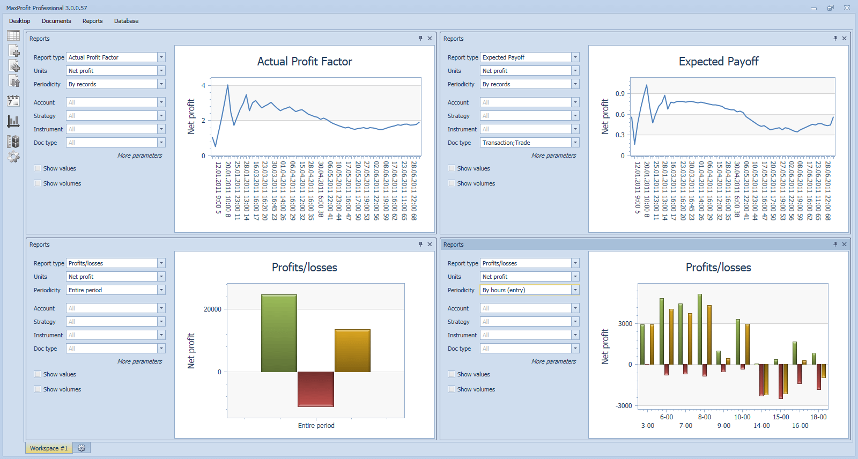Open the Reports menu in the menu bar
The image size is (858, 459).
92,21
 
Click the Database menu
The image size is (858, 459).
126,21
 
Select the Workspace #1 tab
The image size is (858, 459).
49,448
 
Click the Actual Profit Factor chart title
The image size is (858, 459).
305,62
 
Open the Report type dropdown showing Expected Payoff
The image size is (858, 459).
529,57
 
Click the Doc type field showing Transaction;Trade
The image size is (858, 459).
529,143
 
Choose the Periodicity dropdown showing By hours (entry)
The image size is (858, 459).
529,290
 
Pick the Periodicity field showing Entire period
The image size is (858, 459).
115,290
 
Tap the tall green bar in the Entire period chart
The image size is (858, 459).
279,332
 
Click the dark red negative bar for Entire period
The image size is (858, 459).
316,389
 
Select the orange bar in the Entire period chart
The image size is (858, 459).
352,350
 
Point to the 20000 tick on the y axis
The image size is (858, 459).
212,309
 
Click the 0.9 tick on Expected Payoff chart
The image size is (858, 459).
620,94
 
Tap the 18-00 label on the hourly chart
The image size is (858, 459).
818,417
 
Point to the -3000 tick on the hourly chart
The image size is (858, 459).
624,406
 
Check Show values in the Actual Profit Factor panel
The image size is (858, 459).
38,168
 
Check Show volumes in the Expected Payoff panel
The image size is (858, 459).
452,183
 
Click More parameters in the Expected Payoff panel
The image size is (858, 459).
553,156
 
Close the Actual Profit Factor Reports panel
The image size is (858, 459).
430,39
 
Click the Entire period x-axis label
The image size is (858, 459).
316,426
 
